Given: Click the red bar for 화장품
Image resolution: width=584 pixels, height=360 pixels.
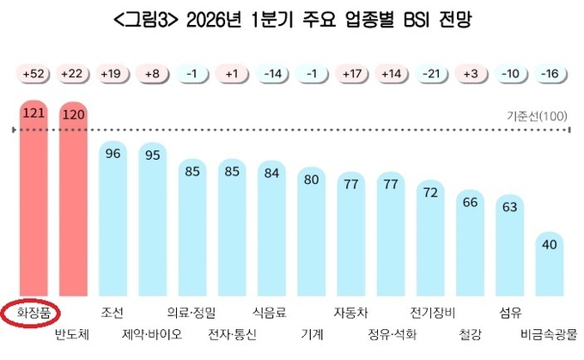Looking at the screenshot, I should coord(35,198).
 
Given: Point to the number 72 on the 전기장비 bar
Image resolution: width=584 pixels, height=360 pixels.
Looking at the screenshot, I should coord(431,192).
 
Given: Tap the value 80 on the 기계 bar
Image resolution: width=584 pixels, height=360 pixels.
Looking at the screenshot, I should coord(312,180).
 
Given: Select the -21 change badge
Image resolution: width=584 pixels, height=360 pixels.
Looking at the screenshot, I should coord(431,75).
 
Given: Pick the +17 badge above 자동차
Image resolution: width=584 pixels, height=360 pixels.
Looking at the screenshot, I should coord(351,75).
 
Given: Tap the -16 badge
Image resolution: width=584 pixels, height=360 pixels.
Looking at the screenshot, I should coord(551,75).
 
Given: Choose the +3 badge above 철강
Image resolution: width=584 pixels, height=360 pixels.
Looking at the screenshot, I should coord(471,75).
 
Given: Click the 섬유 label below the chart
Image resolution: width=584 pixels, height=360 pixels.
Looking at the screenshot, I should coord(510,311).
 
